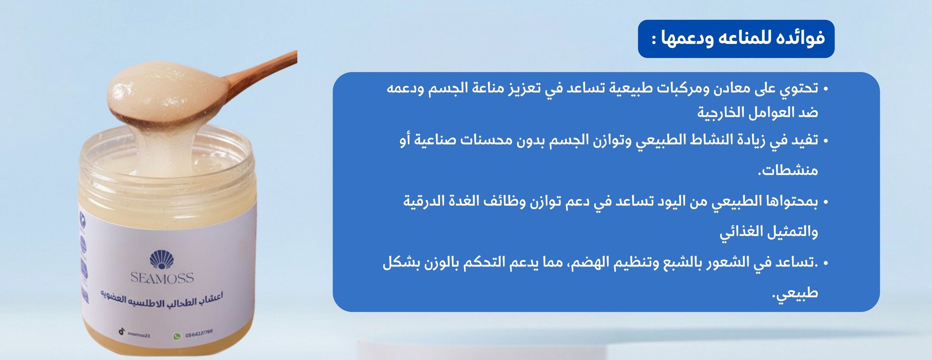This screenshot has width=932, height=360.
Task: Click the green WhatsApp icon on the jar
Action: coord(177,337)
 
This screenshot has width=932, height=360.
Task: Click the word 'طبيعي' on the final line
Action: coord(794,292)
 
